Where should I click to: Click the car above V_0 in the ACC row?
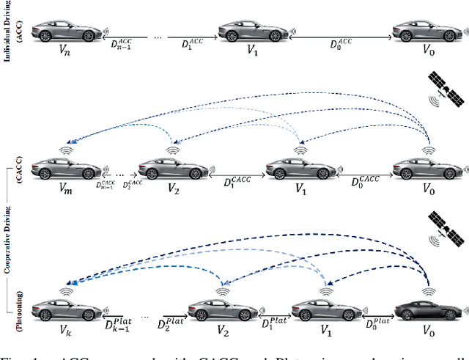tap(418, 32)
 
